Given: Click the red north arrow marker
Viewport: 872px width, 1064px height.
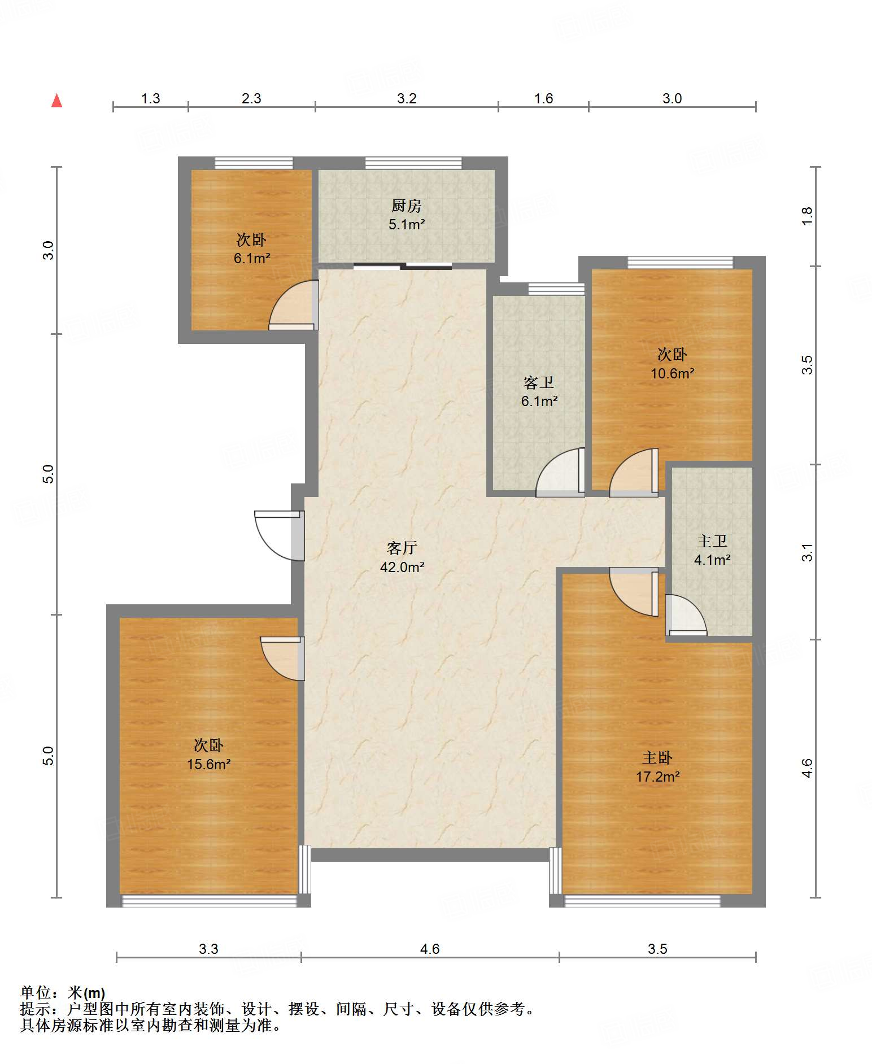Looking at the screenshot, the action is (56, 101).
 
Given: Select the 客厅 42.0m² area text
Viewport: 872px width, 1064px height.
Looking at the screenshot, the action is (402, 557).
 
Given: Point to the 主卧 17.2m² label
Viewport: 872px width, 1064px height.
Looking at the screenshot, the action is (657, 767).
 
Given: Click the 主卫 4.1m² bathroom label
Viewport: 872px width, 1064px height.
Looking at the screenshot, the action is (712, 550).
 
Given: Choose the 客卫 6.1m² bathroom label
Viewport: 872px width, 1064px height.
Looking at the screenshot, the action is (539, 392).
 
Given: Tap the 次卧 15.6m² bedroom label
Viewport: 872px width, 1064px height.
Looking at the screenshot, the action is (208, 755).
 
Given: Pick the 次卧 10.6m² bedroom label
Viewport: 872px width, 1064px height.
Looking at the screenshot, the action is (672, 364).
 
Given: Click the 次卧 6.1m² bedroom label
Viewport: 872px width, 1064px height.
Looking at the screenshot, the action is (251, 249).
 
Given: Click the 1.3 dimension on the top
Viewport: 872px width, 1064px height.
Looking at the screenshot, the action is (150, 98).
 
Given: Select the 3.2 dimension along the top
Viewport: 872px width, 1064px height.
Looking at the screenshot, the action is (407, 98).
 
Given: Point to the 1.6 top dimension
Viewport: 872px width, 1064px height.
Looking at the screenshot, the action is (543, 98).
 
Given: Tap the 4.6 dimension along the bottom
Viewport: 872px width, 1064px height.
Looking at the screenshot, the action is (430, 949).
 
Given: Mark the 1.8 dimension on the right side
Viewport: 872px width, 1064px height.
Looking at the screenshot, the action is (807, 216).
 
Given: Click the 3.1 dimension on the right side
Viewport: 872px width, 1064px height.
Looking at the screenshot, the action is (807, 552).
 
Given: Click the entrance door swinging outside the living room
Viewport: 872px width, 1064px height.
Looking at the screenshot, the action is (279, 535).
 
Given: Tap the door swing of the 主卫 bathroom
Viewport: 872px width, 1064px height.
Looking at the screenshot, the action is (686, 615).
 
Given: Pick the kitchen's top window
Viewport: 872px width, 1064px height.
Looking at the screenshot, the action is (413, 163).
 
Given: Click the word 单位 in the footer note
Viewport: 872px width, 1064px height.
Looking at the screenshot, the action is (36, 993).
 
